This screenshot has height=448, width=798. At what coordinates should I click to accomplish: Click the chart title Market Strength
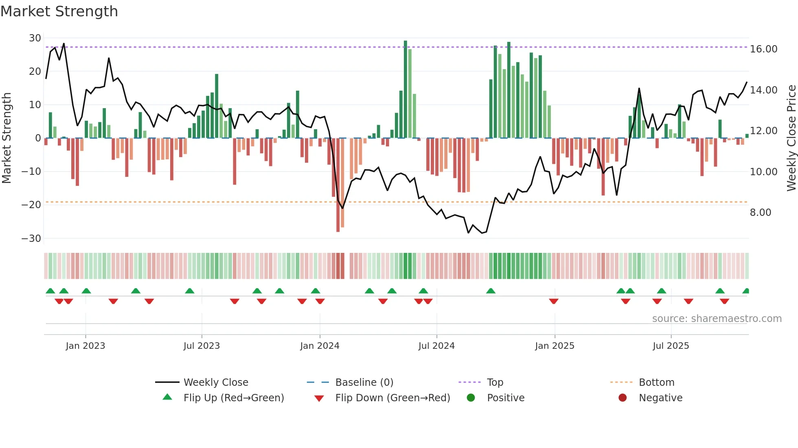pyautogui.click(x=59, y=11)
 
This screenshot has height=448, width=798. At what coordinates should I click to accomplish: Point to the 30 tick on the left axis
pyautogui.click(x=35, y=38)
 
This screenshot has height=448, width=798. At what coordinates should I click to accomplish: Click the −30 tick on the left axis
pyautogui.click(x=31, y=239)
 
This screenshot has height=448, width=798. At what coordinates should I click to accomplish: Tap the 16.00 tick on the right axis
pyautogui.click(x=763, y=49)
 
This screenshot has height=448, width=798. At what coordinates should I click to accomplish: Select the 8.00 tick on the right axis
pyautogui.click(x=760, y=213)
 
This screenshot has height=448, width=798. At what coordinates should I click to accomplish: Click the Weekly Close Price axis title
pyautogui.click(x=791, y=138)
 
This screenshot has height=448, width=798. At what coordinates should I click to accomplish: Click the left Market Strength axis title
pyautogui.click(x=7, y=138)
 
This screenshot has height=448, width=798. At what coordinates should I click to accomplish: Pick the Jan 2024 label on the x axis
pyautogui.click(x=320, y=346)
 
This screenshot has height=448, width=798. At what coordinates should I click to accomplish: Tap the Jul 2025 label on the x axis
pyautogui.click(x=671, y=346)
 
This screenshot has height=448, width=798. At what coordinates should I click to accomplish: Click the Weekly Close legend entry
pyautogui.click(x=215, y=383)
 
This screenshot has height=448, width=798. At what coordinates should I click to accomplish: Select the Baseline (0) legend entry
pyautogui.click(x=364, y=383)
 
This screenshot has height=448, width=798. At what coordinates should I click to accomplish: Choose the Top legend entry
pyautogui.click(x=495, y=383)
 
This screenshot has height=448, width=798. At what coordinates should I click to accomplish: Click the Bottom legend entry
pyautogui.click(x=656, y=383)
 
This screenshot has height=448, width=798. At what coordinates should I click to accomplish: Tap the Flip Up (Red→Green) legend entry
pyautogui.click(x=233, y=398)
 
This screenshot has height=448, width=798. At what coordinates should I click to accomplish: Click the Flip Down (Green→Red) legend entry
pyautogui.click(x=392, y=398)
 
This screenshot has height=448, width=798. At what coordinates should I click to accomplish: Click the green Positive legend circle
pyautogui.click(x=471, y=398)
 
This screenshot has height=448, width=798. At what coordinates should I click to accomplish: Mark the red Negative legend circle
pyautogui.click(x=623, y=398)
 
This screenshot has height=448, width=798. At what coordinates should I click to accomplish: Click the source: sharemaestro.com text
pyautogui.click(x=717, y=319)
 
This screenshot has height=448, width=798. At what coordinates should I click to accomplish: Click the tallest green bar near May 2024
pyautogui.click(x=406, y=89)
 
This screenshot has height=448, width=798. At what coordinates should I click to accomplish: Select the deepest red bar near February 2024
pyautogui.click(x=338, y=185)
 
